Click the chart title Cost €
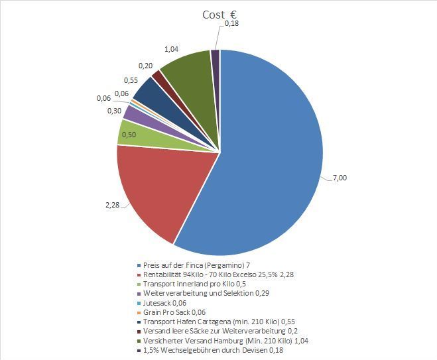pyautogui.click(x=221, y=15)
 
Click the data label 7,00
pyautogui.click(x=340, y=178)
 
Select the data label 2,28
pyautogui.click(x=113, y=206)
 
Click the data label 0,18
pyautogui.click(x=232, y=24)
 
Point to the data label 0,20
pyautogui.click(x=146, y=66)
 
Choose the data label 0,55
pyautogui.click(x=131, y=80)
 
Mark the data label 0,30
pyautogui.click(x=113, y=111)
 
